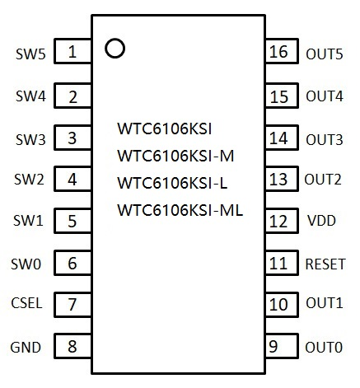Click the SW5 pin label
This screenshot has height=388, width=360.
point(30,54)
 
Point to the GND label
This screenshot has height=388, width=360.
point(26,348)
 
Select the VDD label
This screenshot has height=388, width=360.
point(321,221)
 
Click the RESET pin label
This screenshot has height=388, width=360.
point(325,264)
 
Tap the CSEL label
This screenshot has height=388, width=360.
point(26,303)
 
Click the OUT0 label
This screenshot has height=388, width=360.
point(324,348)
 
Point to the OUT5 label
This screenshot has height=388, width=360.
point(325,54)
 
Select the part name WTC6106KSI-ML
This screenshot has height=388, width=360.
point(180,210)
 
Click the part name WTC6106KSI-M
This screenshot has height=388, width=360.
point(175,156)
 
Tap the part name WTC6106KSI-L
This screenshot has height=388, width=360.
point(172,183)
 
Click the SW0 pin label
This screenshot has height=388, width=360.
point(26,264)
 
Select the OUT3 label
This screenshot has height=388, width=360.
point(325,140)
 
